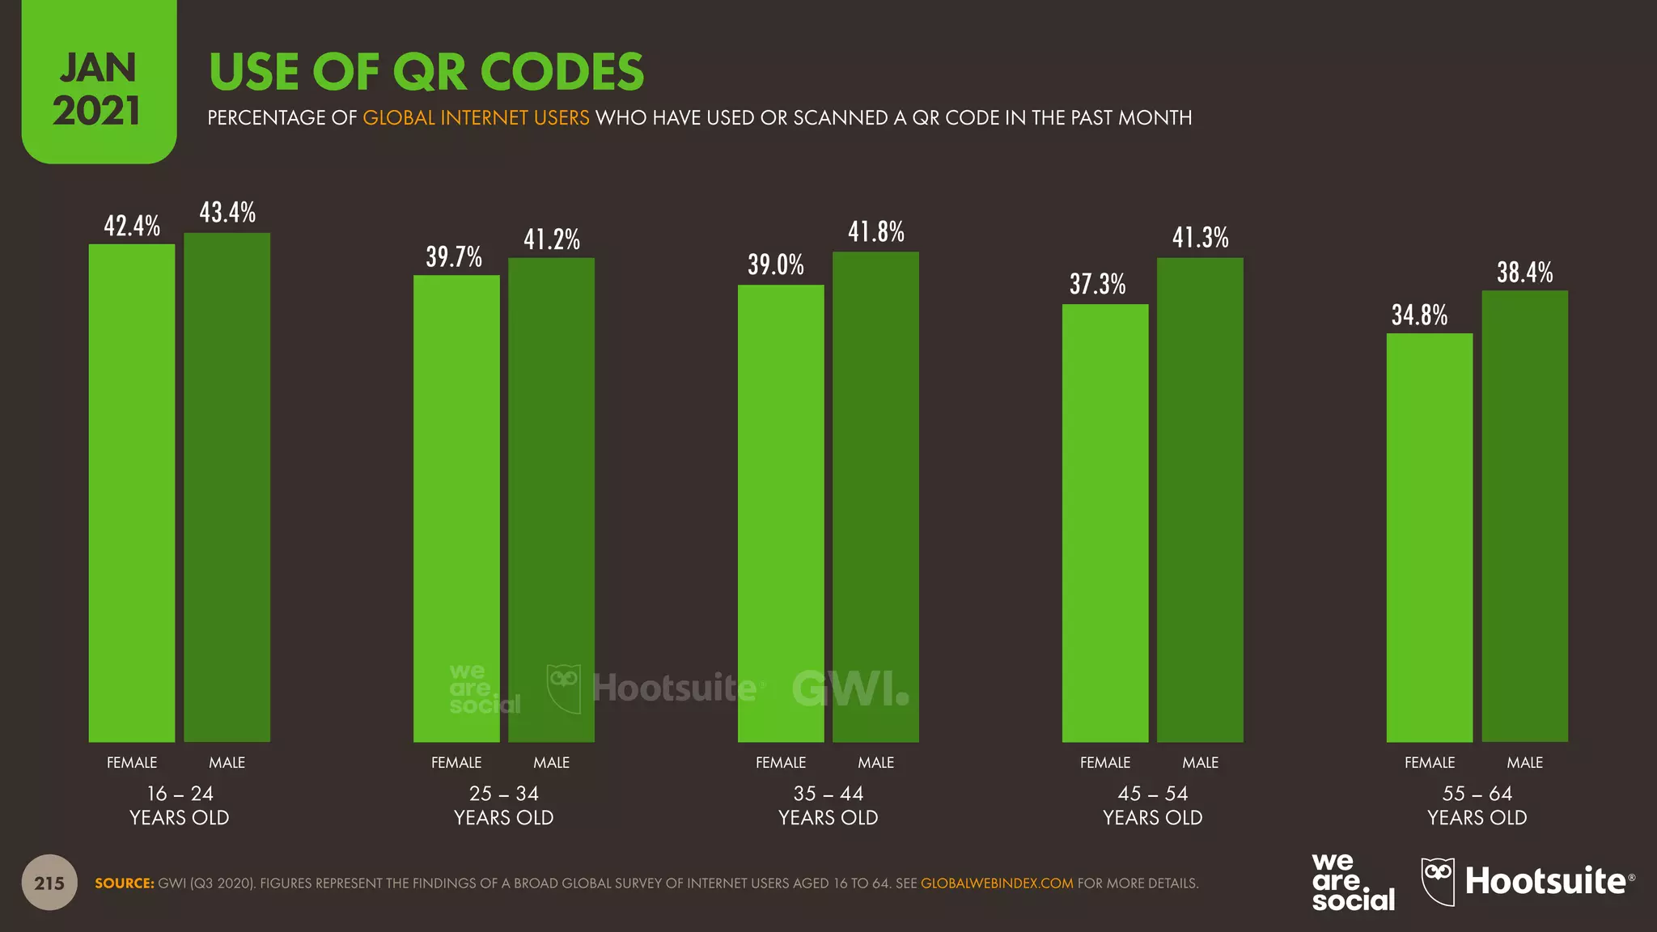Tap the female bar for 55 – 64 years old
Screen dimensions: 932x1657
[x=1430, y=537]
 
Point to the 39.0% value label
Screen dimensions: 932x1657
[x=776, y=265]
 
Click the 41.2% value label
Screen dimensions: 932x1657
[x=552, y=239]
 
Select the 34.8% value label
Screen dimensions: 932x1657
[x=1420, y=315]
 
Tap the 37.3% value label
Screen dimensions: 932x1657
[x=1098, y=284]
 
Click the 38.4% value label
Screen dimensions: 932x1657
[x=1525, y=273]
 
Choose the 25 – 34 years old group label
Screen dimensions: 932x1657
[x=504, y=805]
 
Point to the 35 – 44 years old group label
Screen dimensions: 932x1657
[x=828, y=805]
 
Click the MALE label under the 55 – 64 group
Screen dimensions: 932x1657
[x=1525, y=762]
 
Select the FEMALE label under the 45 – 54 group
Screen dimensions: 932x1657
[x=1105, y=762]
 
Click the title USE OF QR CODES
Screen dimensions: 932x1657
[x=426, y=71]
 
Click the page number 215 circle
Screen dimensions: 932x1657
[x=49, y=883]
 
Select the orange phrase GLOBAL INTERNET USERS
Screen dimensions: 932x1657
[x=476, y=118]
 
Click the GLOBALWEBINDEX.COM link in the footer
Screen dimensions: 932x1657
[x=997, y=883]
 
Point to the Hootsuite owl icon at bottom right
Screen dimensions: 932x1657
[x=1439, y=882]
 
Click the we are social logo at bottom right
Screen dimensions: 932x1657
[x=1353, y=883]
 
